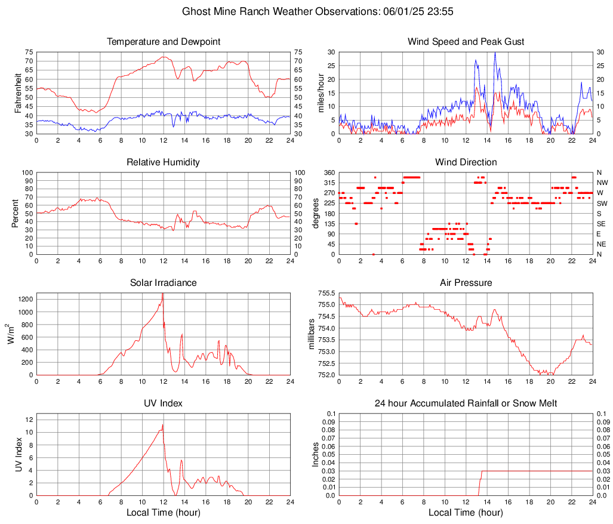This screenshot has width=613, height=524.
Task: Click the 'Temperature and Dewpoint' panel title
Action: pyautogui.click(x=164, y=42)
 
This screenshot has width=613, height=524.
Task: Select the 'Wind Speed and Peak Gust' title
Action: pyautogui.click(x=466, y=42)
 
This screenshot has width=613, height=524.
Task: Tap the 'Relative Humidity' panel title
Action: pyautogui.click(x=164, y=162)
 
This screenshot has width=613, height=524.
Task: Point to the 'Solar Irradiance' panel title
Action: pyautogui.click(x=164, y=283)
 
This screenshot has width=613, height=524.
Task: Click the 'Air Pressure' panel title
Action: pyautogui.click(x=466, y=283)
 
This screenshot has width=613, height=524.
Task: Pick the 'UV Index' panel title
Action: pyautogui.click(x=164, y=403)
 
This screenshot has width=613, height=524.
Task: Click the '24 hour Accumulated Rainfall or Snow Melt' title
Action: pyautogui.click(x=466, y=403)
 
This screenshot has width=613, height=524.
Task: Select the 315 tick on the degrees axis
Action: pyautogui.click(x=328, y=183)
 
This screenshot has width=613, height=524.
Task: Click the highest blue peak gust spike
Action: pyautogui.click(x=495, y=53)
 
